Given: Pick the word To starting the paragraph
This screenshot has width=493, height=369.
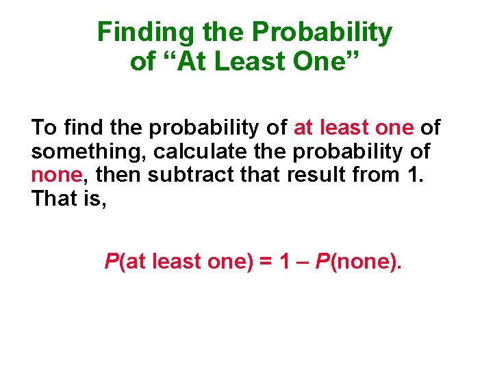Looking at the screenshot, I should [44, 128].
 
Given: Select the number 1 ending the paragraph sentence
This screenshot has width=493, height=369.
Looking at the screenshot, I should [413, 176].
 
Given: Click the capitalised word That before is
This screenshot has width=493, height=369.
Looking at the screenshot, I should [55, 200].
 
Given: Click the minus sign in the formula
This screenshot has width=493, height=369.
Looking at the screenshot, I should [302, 261].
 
